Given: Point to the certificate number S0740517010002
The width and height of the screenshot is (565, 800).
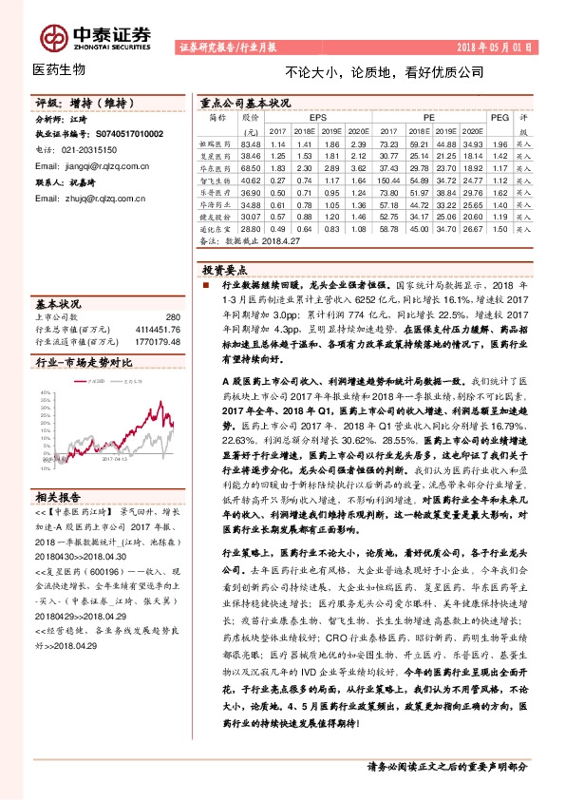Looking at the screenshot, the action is (122, 135).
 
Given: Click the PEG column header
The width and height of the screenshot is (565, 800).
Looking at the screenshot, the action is (499, 117).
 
